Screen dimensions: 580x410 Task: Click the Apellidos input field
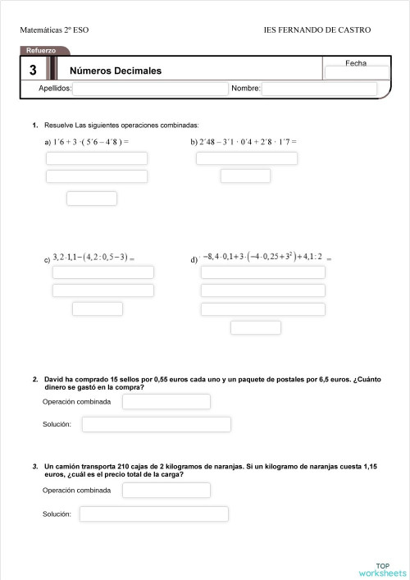(150, 89)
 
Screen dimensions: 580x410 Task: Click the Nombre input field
(319, 89)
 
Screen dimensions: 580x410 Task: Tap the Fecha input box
(357, 73)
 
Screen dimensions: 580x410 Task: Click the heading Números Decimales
(116, 71)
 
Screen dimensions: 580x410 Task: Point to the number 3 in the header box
(32, 71)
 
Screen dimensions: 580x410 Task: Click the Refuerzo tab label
(41, 51)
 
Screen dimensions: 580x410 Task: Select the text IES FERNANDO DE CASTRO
(317, 30)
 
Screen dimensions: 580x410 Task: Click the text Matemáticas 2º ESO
(54, 30)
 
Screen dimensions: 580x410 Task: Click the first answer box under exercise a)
(97, 158)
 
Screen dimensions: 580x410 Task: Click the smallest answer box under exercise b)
(245, 176)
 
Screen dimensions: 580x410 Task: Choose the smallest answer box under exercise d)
(256, 327)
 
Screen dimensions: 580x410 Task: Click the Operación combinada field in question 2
(166, 401)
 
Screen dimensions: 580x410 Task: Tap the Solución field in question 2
(156, 424)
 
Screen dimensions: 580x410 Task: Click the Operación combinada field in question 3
(166, 490)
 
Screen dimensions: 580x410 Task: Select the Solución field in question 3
(153, 514)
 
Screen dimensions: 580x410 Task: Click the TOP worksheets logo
(382, 569)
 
